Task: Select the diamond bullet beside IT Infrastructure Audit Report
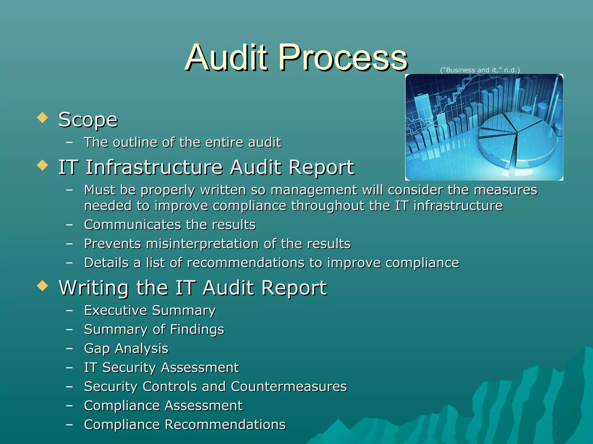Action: (x=43, y=166)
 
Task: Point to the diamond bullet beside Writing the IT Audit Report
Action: (x=43, y=286)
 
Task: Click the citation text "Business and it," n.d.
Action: (x=480, y=70)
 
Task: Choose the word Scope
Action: (x=88, y=119)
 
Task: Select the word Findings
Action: (x=197, y=330)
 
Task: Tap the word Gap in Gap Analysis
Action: (x=97, y=349)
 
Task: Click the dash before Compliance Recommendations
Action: (x=69, y=424)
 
